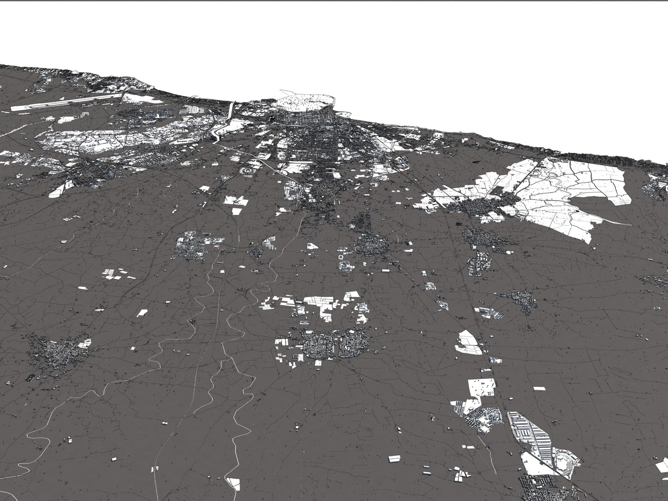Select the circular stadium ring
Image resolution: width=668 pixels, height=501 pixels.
tap(247, 172)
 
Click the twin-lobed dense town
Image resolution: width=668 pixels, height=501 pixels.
tap(335, 345)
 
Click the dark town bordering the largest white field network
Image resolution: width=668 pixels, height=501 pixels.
tap(478, 206)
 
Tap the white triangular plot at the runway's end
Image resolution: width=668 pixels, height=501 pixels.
tap(135, 97)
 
